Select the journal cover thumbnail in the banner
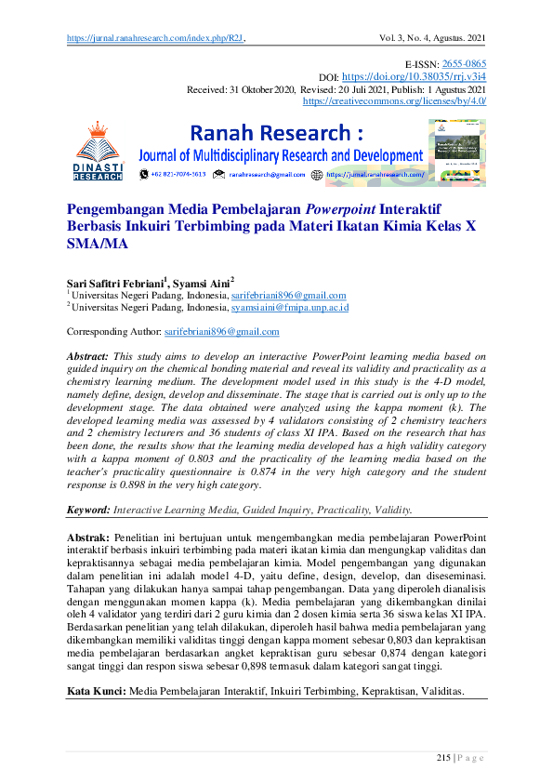[456, 151]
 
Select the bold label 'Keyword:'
[88, 511]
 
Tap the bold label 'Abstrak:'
[88, 537]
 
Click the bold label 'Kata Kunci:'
[97, 692]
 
